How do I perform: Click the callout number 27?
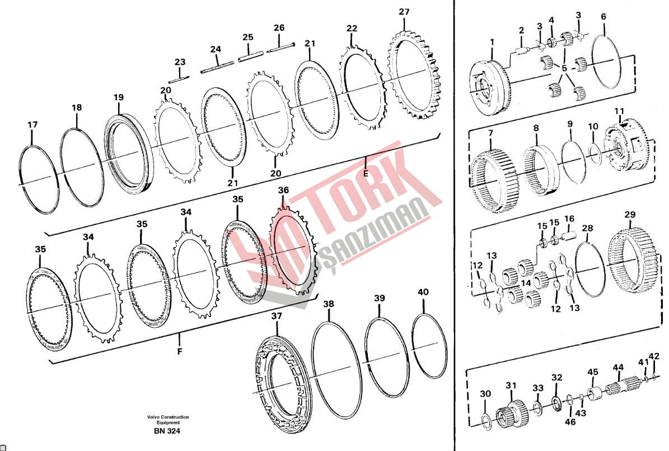pos(404,12)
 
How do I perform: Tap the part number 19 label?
pos(119,97)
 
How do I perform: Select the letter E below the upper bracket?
pos(366,173)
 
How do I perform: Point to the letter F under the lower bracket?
pos(180,351)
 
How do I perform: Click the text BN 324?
pos(167,431)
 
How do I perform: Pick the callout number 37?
pos(277,316)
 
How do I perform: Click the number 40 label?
pos(423,292)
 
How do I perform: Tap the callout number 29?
pos(630,215)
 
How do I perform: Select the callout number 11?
pos(619,111)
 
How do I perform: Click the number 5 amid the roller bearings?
pos(564,68)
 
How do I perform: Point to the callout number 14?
pos(526,283)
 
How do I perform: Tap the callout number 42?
pos(654,357)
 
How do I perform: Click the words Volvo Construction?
pos(168,417)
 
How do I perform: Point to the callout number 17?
pos(32,125)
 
